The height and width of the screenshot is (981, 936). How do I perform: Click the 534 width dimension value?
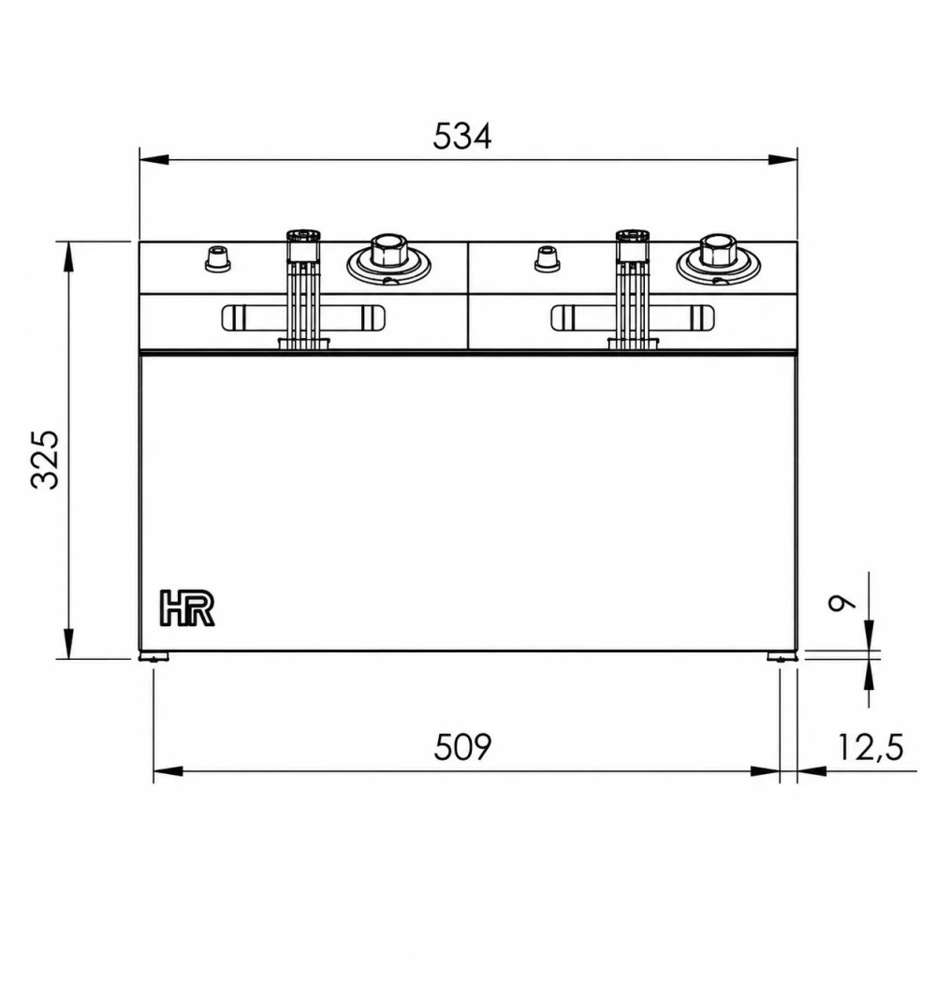pyautogui.click(x=461, y=136)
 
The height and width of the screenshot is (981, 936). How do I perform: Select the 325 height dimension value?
pyautogui.click(x=45, y=460)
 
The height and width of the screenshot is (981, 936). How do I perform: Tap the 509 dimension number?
pyautogui.click(x=462, y=746)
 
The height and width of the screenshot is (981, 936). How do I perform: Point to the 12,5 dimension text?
pyautogui.click(x=870, y=747)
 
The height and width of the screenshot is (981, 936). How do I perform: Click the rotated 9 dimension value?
pyautogui.click(x=841, y=603)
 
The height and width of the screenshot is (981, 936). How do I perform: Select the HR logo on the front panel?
pyautogui.click(x=188, y=608)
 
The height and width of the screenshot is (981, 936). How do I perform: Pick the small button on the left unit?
pyautogui.click(x=218, y=258)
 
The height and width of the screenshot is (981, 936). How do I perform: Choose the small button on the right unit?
pyautogui.click(x=547, y=258)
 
